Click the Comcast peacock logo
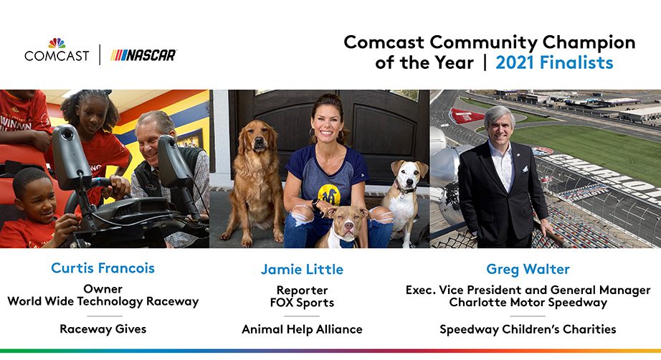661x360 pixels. [57, 43]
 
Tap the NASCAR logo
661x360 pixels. [143, 55]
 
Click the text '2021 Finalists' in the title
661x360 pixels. [554, 63]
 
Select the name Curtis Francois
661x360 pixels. [103, 268]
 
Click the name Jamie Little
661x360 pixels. [303, 270]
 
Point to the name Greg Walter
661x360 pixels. [528, 270]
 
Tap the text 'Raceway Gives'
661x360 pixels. [103, 329]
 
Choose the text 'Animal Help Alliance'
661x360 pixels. [303, 329]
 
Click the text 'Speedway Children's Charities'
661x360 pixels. [528, 329]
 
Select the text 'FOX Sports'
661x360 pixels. [303, 303]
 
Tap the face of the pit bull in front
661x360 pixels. [346, 222]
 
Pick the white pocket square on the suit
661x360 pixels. [525, 169]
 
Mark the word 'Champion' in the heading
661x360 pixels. [589, 42]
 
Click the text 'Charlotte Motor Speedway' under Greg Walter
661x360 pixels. [528, 303]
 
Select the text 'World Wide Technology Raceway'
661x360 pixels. [103, 302]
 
